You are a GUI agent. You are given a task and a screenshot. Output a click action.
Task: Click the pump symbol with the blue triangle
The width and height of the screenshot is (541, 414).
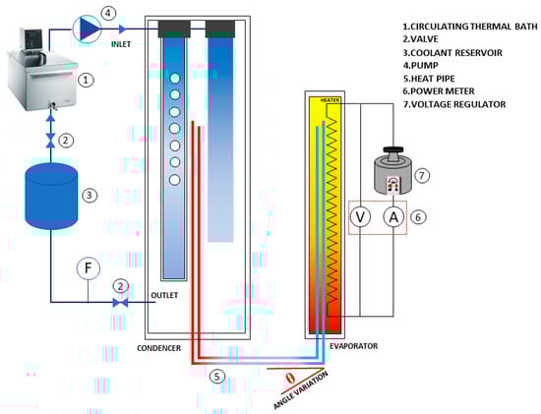[x=87, y=29]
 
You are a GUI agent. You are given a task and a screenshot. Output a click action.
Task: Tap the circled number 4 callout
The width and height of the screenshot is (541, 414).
[x=108, y=13]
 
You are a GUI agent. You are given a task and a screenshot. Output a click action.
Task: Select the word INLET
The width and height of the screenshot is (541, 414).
[x=121, y=44]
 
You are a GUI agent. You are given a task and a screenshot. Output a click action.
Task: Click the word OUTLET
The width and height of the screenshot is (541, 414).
[x=164, y=295]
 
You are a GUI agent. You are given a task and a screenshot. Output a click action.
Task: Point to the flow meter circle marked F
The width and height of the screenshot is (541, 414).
[x=89, y=268]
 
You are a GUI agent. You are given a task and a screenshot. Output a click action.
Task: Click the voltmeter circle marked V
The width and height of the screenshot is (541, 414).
[x=360, y=217]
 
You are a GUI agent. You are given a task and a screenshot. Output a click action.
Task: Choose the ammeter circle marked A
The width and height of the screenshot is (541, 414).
[x=393, y=217]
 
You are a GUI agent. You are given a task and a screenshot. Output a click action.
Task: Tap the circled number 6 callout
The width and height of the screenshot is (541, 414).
[x=418, y=217]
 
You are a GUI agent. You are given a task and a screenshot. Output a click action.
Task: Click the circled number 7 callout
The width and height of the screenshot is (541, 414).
[x=422, y=176]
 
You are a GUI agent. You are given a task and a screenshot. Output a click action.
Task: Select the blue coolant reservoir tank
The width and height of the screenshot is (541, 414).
[x=51, y=196]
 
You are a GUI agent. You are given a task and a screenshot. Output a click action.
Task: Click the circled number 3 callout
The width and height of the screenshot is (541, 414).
[x=90, y=196]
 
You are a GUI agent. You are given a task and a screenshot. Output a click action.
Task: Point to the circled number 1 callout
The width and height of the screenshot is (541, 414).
[x=86, y=80]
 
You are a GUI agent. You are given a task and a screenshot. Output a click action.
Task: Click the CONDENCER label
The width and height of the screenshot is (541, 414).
[x=158, y=348]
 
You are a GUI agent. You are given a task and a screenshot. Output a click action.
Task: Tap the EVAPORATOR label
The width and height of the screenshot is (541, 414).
[x=354, y=346]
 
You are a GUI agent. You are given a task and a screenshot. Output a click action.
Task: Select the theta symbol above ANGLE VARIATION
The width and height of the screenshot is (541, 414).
[x=291, y=379]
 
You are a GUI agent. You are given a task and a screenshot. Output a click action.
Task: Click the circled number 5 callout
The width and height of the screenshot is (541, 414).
[x=217, y=377]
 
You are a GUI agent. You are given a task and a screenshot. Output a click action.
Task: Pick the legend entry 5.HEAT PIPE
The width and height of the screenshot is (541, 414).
[x=429, y=79]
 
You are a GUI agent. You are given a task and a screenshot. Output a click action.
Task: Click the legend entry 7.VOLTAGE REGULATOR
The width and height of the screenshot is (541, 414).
[x=454, y=104]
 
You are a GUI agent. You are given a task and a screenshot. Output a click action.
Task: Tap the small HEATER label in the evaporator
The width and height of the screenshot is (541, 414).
[x=330, y=100]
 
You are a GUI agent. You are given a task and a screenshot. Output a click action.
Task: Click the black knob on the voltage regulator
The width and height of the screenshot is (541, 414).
[x=393, y=149]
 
